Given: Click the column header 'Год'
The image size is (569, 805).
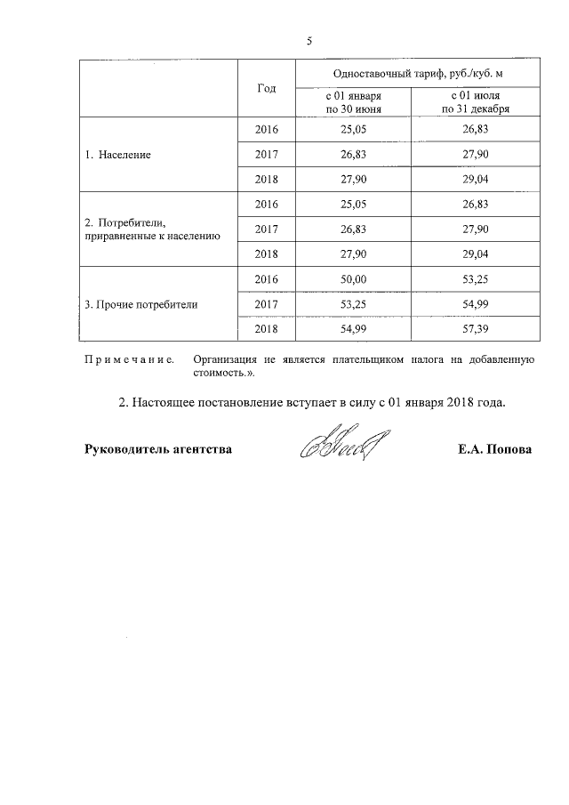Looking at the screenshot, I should pyautogui.click(x=266, y=88).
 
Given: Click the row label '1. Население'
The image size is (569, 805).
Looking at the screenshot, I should pyautogui.click(x=118, y=154).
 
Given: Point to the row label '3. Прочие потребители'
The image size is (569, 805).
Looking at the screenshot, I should pyautogui.click(x=141, y=304).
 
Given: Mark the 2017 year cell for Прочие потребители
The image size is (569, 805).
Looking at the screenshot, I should pyautogui.click(x=266, y=304).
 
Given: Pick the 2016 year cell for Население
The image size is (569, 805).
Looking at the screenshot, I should pyautogui.click(x=266, y=130).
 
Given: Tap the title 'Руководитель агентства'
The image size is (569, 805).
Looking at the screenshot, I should pyautogui.click(x=158, y=450).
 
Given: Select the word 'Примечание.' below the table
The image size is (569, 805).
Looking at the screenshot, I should pyautogui.click(x=128, y=359).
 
